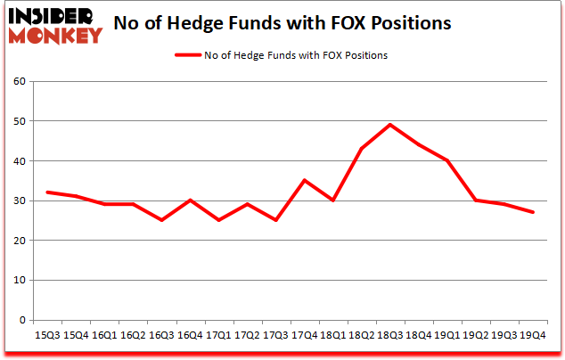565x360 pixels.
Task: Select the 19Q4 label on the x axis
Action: click(x=532, y=336)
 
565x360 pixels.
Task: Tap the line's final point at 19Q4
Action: click(x=532, y=212)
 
